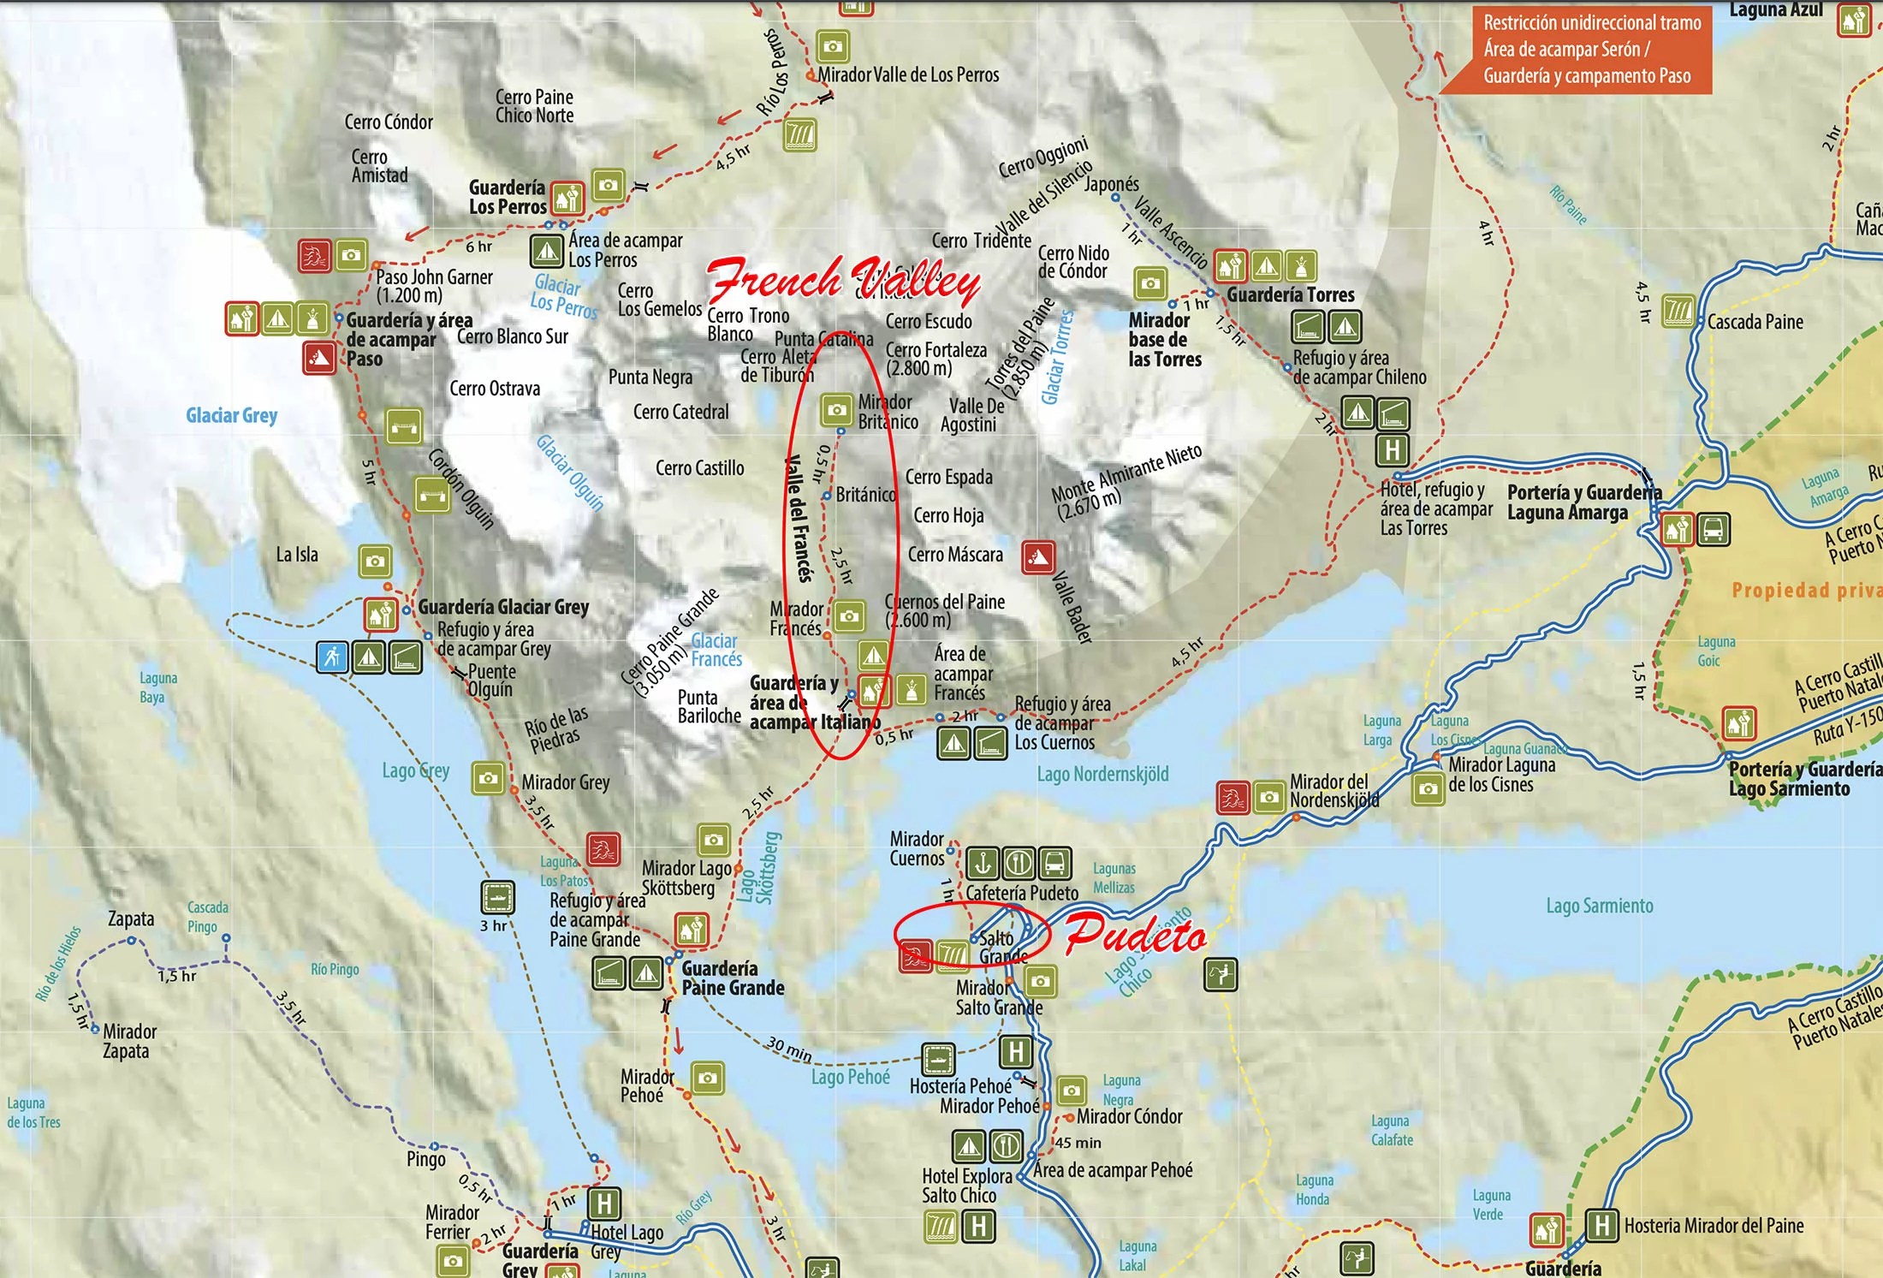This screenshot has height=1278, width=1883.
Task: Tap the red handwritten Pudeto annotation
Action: (x=1136, y=935)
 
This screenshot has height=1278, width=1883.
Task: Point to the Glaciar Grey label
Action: (x=231, y=416)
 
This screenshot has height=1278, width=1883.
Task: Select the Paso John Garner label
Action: (x=434, y=286)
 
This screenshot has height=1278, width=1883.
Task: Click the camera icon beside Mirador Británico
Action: (x=836, y=410)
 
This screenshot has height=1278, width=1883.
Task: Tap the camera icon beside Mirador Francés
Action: (x=848, y=616)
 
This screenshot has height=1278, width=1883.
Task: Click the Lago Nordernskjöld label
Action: (x=1102, y=775)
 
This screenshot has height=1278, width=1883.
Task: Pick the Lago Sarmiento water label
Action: (x=1599, y=906)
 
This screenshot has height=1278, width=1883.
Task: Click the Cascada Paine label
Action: (x=1755, y=323)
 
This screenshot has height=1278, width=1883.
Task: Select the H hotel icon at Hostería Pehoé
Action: (x=1015, y=1052)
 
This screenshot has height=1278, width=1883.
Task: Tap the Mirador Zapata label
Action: (x=129, y=1041)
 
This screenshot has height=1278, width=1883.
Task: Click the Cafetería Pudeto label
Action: (x=1022, y=894)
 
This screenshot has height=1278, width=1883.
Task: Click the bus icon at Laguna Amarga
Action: (x=1714, y=530)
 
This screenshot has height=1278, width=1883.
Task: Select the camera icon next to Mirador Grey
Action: (x=488, y=778)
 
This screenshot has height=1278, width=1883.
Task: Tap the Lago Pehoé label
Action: (x=850, y=1077)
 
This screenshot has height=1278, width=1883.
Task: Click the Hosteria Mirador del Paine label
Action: (x=1714, y=1226)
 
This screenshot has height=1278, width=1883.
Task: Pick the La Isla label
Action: (x=297, y=555)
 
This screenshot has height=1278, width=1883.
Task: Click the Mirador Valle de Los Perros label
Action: (x=908, y=75)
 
